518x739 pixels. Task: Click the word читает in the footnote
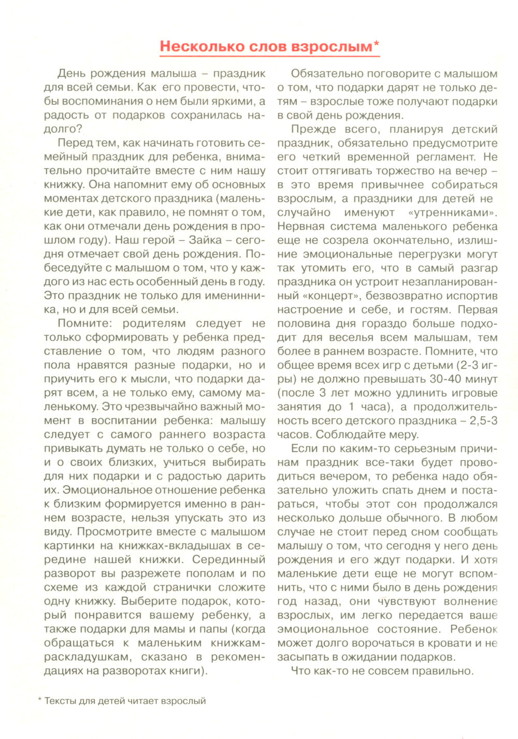coord(142,701)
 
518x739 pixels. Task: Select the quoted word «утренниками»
coord(452,212)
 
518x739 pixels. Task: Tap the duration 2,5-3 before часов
coord(483,421)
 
